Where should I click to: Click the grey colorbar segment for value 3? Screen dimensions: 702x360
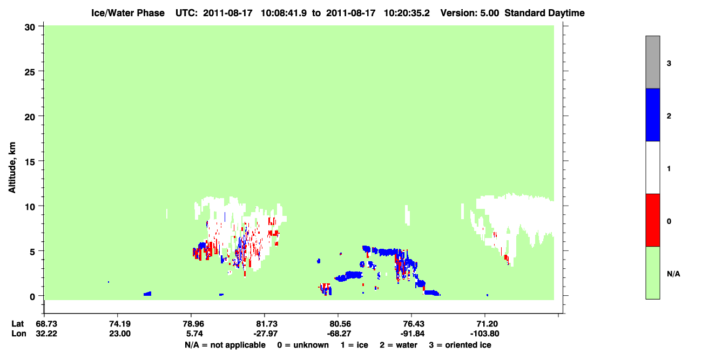pos(652,62)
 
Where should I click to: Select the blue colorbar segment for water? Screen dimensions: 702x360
pos(652,114)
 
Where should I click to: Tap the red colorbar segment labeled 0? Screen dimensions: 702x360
pos(652,220)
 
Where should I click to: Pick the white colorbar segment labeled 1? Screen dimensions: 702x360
pos(652,167)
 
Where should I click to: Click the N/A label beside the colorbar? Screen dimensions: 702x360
pos(673,274)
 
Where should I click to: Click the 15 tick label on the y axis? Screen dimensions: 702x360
pos(30,162)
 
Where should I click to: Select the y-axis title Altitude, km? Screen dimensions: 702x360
pos(12,168)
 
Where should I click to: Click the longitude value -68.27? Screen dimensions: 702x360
pos(339,334)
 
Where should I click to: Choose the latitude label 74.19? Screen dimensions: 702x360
pos(120,324)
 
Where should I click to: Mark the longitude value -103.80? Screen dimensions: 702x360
pos(484,334)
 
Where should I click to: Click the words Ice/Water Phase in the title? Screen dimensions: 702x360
pos(128,13)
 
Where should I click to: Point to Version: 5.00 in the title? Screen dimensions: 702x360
pos(469,13)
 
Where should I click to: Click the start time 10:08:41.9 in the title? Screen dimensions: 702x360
pos(283,13)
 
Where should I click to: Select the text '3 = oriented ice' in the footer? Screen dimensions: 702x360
pos(460,345)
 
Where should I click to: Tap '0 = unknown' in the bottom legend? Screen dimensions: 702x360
pos(303,345)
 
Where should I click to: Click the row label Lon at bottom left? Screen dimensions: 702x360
pos(19,334)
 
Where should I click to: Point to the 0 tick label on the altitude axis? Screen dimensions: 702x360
pos(32,297)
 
